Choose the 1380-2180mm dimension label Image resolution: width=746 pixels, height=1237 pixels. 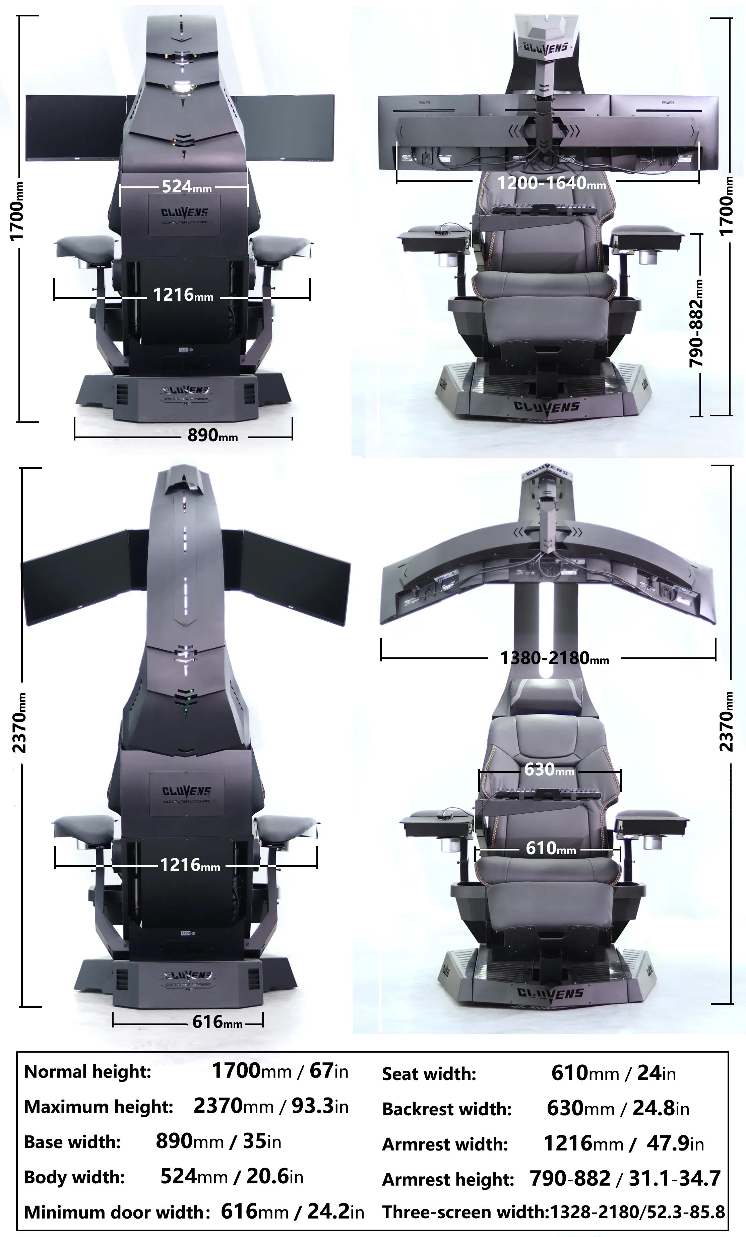554,658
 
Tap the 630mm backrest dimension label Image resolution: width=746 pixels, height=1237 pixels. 549,769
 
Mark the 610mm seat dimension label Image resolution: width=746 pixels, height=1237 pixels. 551,848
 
